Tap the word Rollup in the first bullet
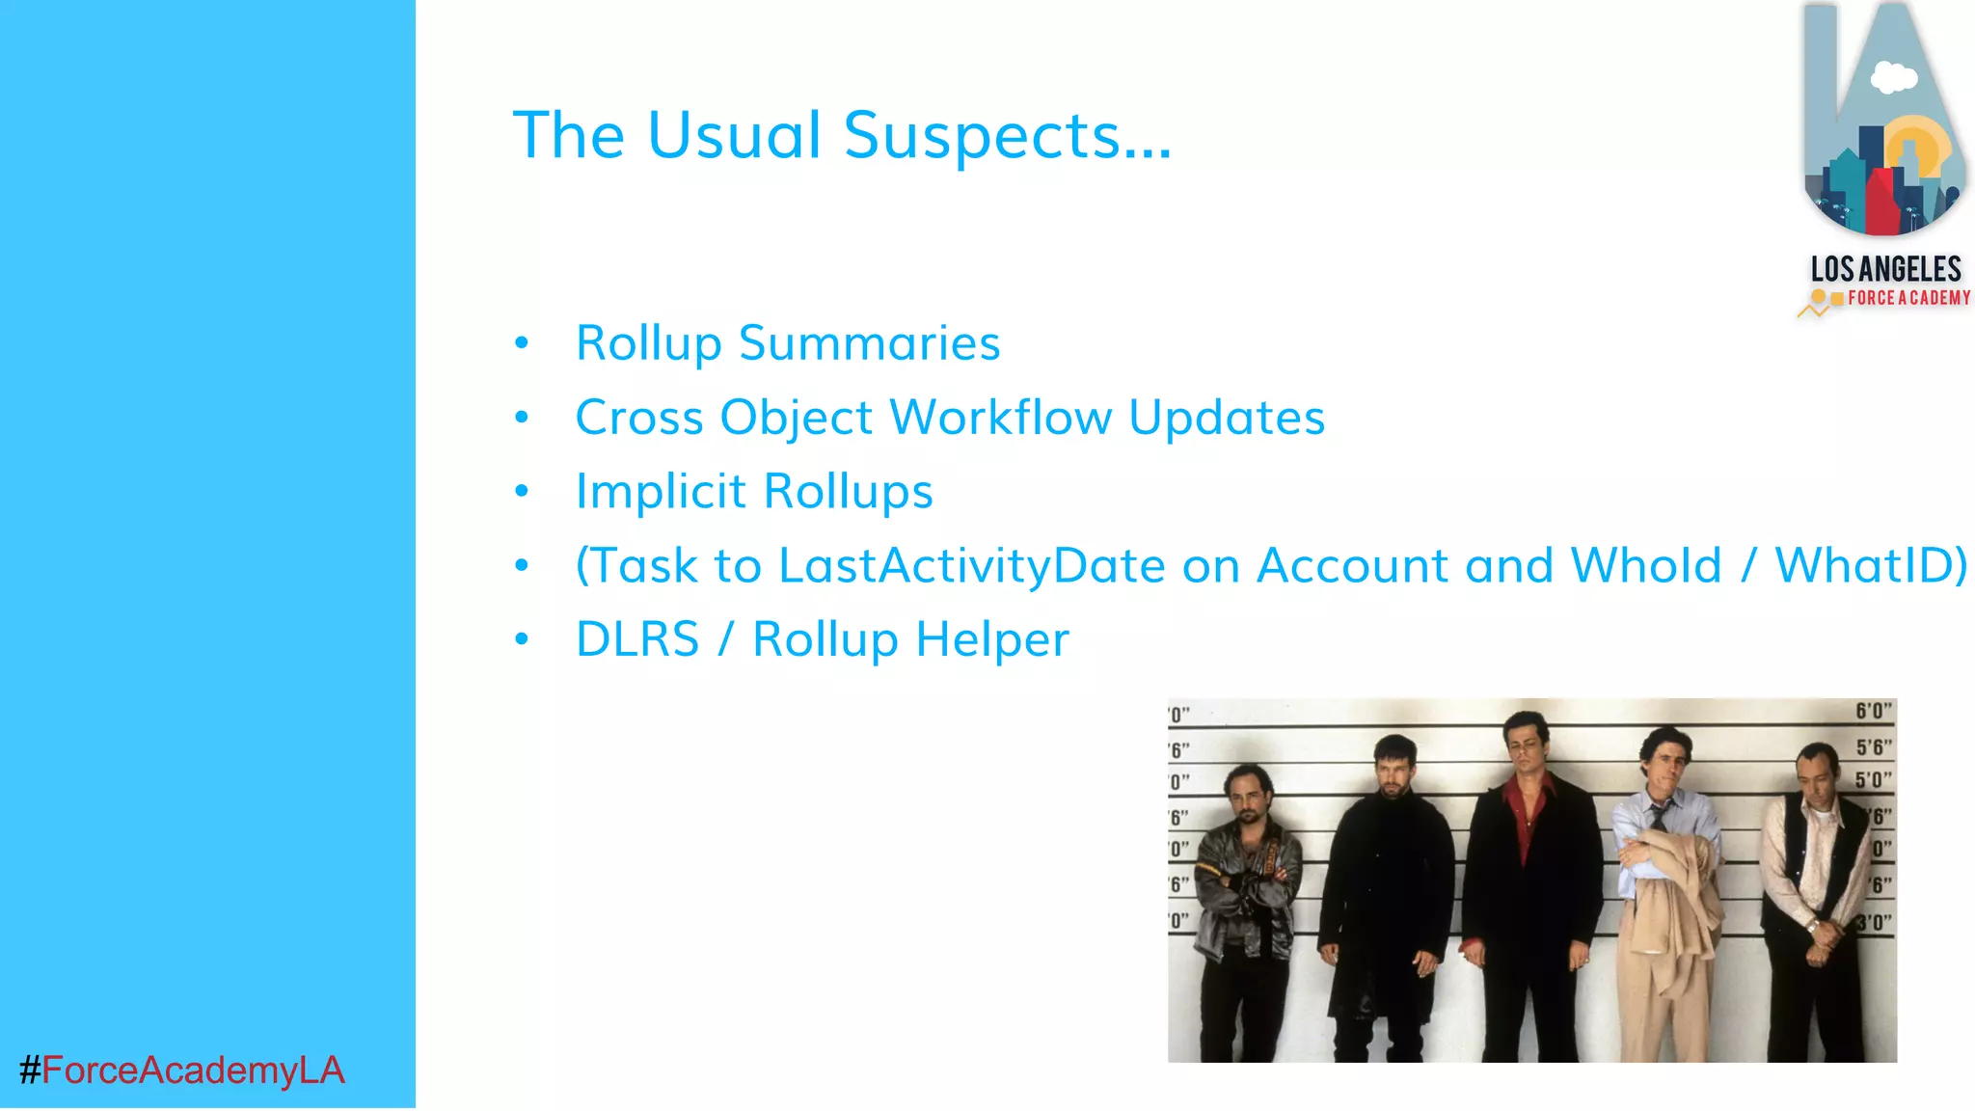click(x=648, y=343)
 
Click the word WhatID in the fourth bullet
click(x=1869, y=566)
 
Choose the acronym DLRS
click(x=636, y=639)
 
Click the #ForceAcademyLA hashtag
click(x=181, y=1070)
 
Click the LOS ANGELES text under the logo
click(x=1885, y=269)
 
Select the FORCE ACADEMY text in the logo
click(x=1907, y=298)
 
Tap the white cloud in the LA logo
click(x=1893, y=77)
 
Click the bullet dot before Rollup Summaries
click(x=522, y=343)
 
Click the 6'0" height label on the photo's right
click(x=1873, y=712)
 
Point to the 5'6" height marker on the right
click(x=1873, y=747)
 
